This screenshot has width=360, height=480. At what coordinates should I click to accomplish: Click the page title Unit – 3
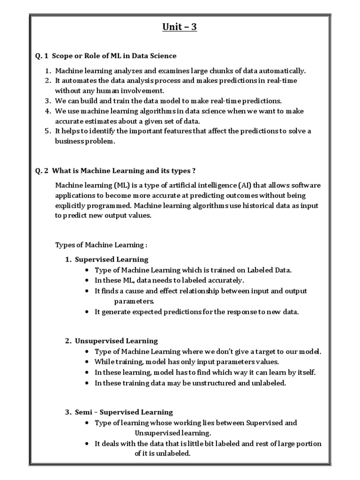(180, 27)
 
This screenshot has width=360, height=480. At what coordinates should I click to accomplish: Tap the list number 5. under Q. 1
(48, 131)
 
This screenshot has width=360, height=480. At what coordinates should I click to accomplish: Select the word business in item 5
(69, 141)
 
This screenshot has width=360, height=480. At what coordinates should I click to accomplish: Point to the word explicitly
(71, 205)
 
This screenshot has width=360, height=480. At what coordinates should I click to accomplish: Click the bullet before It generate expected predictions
(88, 312)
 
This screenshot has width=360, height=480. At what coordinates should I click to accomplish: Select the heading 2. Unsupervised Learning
(112, 341)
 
